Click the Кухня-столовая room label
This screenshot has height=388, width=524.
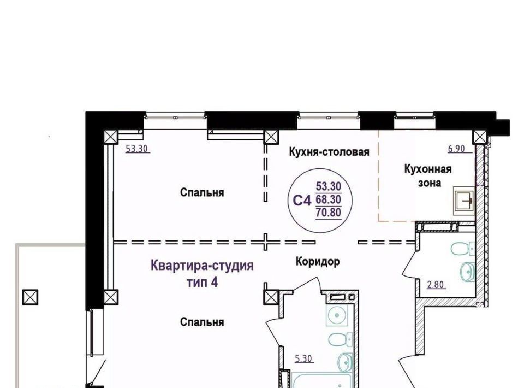tap(329, 152)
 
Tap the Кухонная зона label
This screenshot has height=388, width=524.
tap(428, 175)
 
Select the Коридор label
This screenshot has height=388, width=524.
tap(318, 261)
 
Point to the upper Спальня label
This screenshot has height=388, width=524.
tap(202, 193)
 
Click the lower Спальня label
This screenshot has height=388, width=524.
tap(202, 322)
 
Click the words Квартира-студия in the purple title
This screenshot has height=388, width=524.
tap(202, 266)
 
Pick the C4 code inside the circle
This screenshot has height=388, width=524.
tap(302, 201)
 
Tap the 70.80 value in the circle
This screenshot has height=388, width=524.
tap(329, 213)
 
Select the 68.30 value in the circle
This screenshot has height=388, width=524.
tap(329, 199)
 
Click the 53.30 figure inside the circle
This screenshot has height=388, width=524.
tap(329, 186)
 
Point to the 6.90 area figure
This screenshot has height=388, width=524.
tap(456, 149)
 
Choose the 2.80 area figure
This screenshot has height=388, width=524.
tap(436, 285)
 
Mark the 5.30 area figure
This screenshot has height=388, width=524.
tap(303, 359)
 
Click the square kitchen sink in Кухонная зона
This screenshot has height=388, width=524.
tap(464, 201)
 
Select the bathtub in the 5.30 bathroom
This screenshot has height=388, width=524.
tap(321, 380)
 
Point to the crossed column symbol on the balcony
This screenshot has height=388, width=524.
tap(30, 297)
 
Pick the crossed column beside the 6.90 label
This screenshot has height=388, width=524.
tap(480, 137)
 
